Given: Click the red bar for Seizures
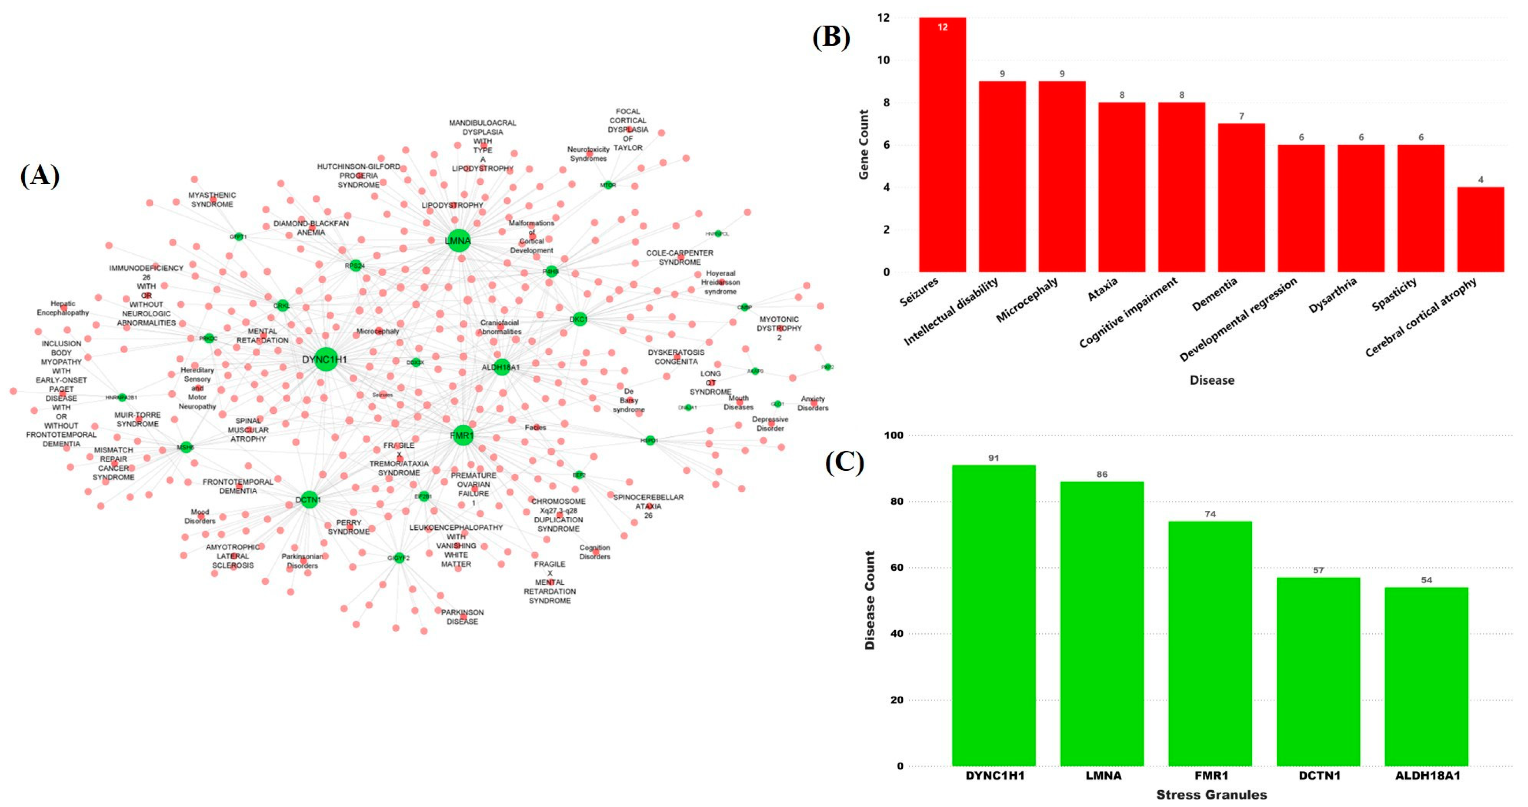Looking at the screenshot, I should click(x=942, y=145).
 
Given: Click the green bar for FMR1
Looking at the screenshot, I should click(x=1210, y=643).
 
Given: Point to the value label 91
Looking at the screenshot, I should click(x=994, y=458).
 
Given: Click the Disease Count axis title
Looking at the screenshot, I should click(x=870, y=600).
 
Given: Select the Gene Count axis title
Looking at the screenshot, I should click(x=864, y=144).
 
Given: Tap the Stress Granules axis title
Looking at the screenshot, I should click(x=1211, y=794).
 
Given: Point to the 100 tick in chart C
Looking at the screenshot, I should click(x=893, y=435).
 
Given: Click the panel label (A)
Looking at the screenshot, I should click(x=40, y=176).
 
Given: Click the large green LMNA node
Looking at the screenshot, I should click(x=458, y=240).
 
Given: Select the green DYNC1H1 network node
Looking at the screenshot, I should click(x=325, y=359).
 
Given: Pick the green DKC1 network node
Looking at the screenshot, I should click(x=579, y=319).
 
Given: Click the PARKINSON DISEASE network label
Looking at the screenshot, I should click(x=462, y=617).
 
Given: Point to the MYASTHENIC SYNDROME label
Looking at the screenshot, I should click(x=212, y=199).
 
